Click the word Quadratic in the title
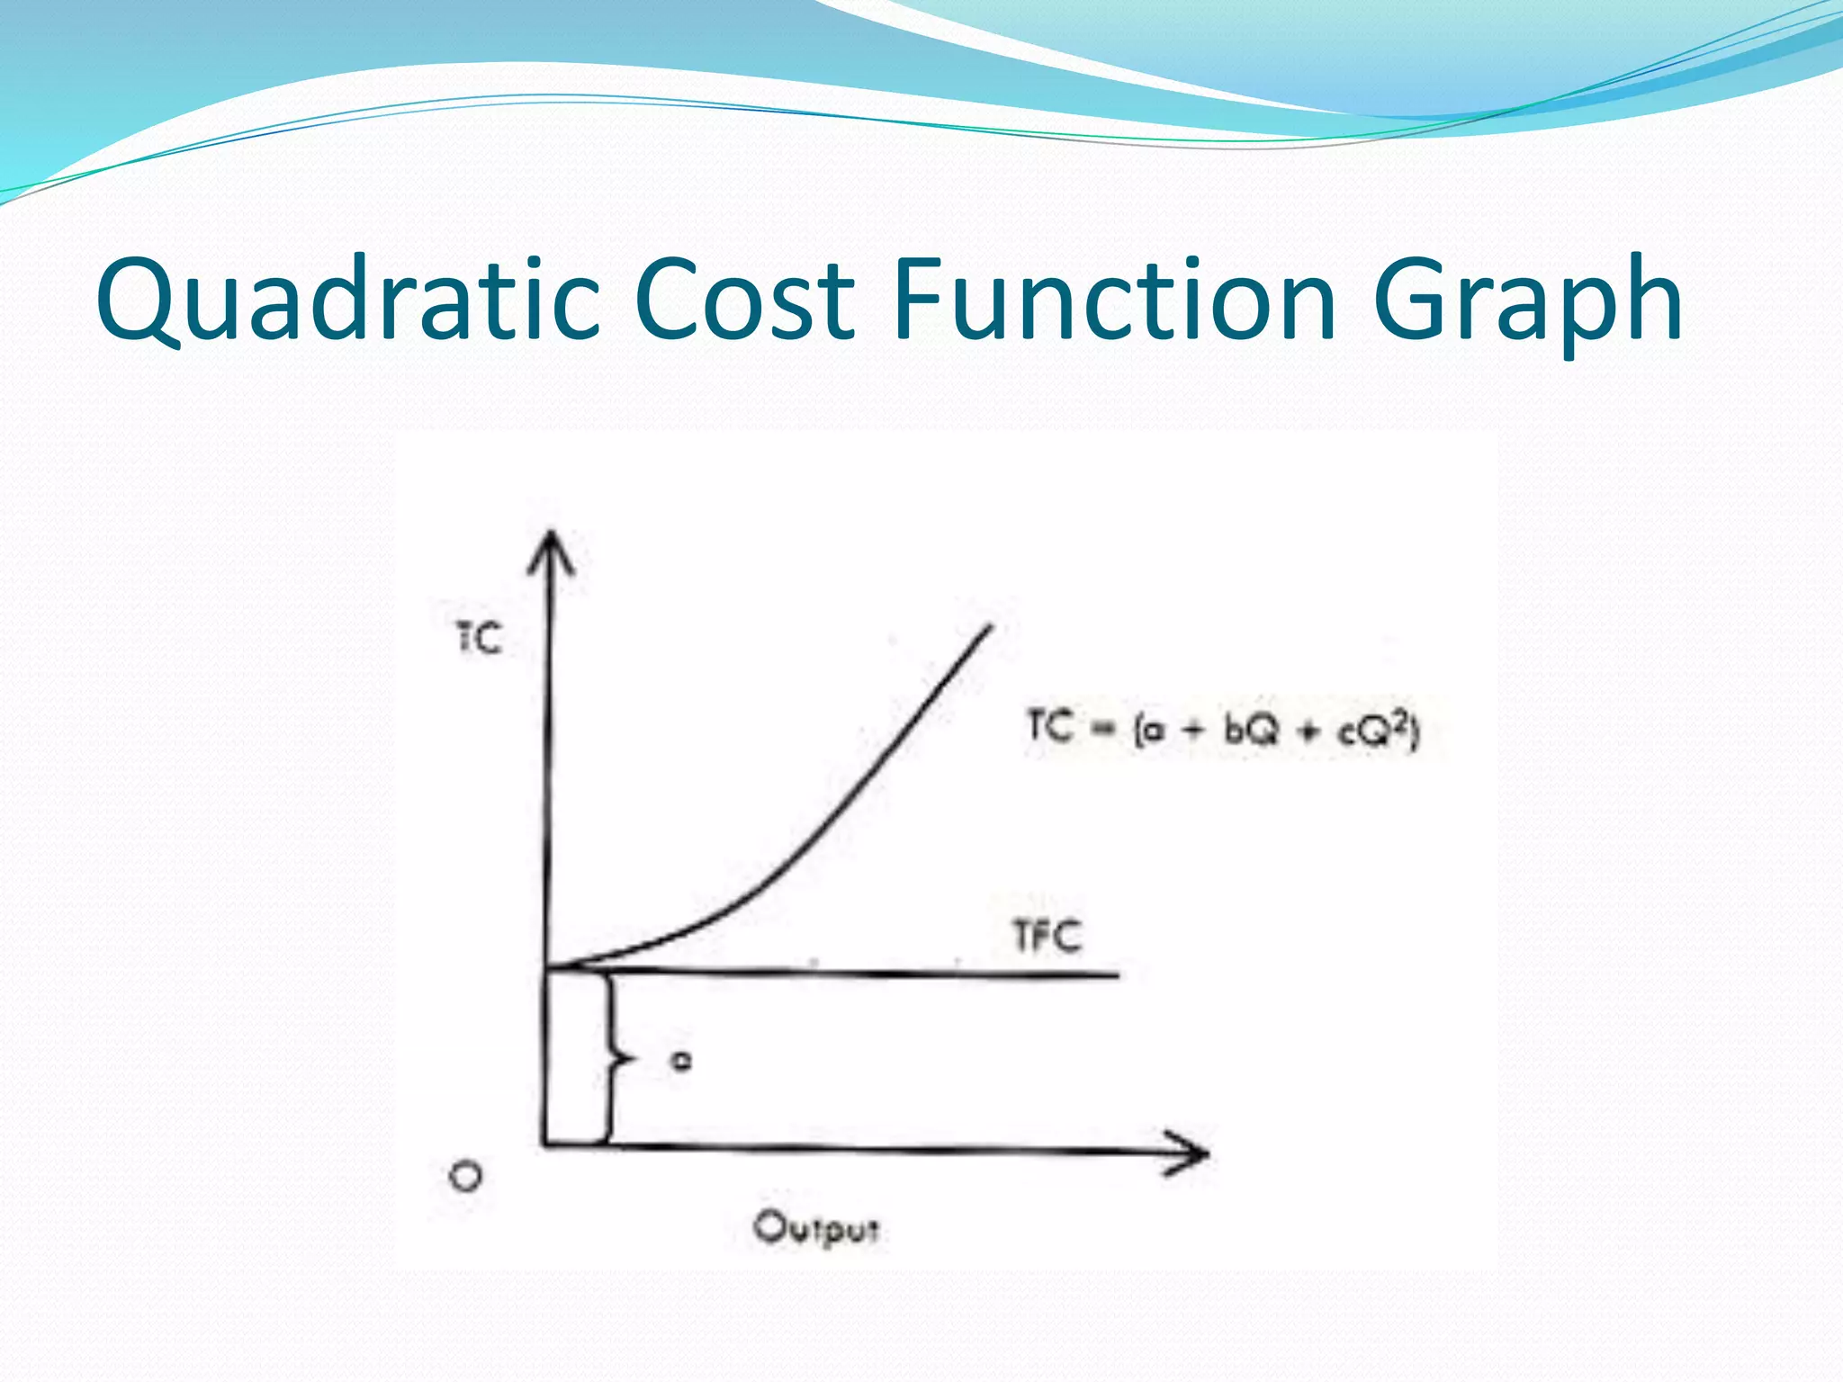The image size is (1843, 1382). point(347,301)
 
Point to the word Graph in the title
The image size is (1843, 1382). point(1527,301)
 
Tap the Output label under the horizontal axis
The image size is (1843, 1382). point(815,1228)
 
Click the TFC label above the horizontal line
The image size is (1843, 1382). point(1047,937)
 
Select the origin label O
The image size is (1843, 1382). point(465,1176)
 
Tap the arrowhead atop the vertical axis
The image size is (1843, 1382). point(550,549)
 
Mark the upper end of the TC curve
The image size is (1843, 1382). point(990,627)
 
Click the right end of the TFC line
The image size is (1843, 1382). point(1117,974)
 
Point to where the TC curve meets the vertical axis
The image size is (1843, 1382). point(546,968)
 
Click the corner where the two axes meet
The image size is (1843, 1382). point(545,1144)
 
